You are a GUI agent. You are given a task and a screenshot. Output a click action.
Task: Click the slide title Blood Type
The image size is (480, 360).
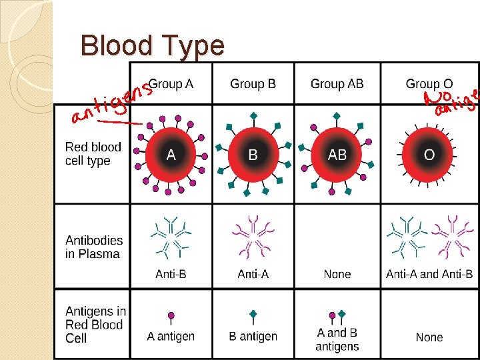[x=152, y=46]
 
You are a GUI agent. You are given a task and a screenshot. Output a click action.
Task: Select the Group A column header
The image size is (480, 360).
[x=171, y=84]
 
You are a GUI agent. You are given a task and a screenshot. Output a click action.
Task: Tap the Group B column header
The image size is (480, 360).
[x=253, y=84]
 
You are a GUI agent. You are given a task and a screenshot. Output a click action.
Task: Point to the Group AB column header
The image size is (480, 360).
[x=337, y=84]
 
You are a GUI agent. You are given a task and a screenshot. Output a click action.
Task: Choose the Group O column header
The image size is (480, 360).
[x=429, y=84]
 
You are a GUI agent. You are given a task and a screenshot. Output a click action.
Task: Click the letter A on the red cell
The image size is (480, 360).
[x=171, y=155]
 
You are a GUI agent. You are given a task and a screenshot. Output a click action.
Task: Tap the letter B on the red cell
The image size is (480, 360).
[x=253, y=155]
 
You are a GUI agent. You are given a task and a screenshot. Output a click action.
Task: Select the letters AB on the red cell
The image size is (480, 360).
[x=337, y=155]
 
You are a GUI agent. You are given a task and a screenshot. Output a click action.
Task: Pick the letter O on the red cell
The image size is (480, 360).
[x=429, y=155]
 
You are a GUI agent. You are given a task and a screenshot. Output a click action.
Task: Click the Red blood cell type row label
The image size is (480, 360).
[x=93, y=154]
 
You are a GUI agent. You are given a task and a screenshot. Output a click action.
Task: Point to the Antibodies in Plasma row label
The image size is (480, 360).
[x=94, y=247]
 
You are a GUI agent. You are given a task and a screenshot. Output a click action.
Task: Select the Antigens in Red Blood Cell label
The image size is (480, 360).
[x=95, y=325]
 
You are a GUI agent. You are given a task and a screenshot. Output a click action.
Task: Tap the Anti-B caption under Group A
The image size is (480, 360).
[x=171, y=274]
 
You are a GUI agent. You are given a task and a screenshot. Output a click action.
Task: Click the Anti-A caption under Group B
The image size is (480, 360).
[x=253, y=274]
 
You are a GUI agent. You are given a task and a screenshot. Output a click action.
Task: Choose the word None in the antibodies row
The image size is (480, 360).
[x=337, y=274]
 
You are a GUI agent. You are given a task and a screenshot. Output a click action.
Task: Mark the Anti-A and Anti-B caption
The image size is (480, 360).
[x=429, y=274]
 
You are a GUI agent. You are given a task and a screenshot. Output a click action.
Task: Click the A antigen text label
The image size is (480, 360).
[x=171, y=336]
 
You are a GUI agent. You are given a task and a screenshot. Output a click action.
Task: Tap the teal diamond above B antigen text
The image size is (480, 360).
[x=253, y=313]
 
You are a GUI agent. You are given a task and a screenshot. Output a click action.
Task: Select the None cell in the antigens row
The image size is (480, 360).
[x=429, y=337]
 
